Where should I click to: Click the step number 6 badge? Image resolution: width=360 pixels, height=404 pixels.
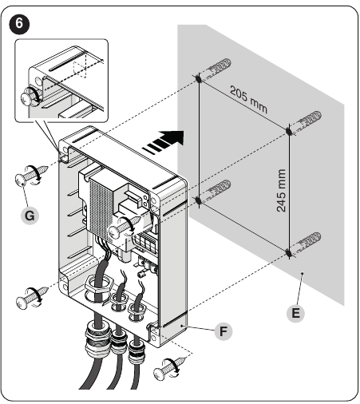tap(19, 24)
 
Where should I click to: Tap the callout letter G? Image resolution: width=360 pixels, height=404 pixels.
tap(30, 216)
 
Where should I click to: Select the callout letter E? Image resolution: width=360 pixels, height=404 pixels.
tap(295, 313)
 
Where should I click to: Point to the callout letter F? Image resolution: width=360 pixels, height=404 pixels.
tap(224, 331)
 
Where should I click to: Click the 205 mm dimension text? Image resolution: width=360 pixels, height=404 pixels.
tap(248, 100)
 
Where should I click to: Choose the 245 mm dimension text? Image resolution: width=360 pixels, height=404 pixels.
tap(281, 191)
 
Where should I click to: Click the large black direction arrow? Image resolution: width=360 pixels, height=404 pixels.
tap(164, 141)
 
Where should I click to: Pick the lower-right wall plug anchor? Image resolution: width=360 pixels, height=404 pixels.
tap(306, 243)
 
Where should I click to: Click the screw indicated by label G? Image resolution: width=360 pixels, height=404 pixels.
tap(31, 176)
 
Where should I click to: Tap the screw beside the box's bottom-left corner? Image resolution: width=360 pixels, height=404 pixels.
tap(32, 298)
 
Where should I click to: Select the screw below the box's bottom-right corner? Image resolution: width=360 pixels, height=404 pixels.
tap(169, 369)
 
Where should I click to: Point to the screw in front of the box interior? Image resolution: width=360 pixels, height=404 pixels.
tap(125, 227)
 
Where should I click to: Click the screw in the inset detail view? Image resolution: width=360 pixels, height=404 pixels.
tap(30, 96)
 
